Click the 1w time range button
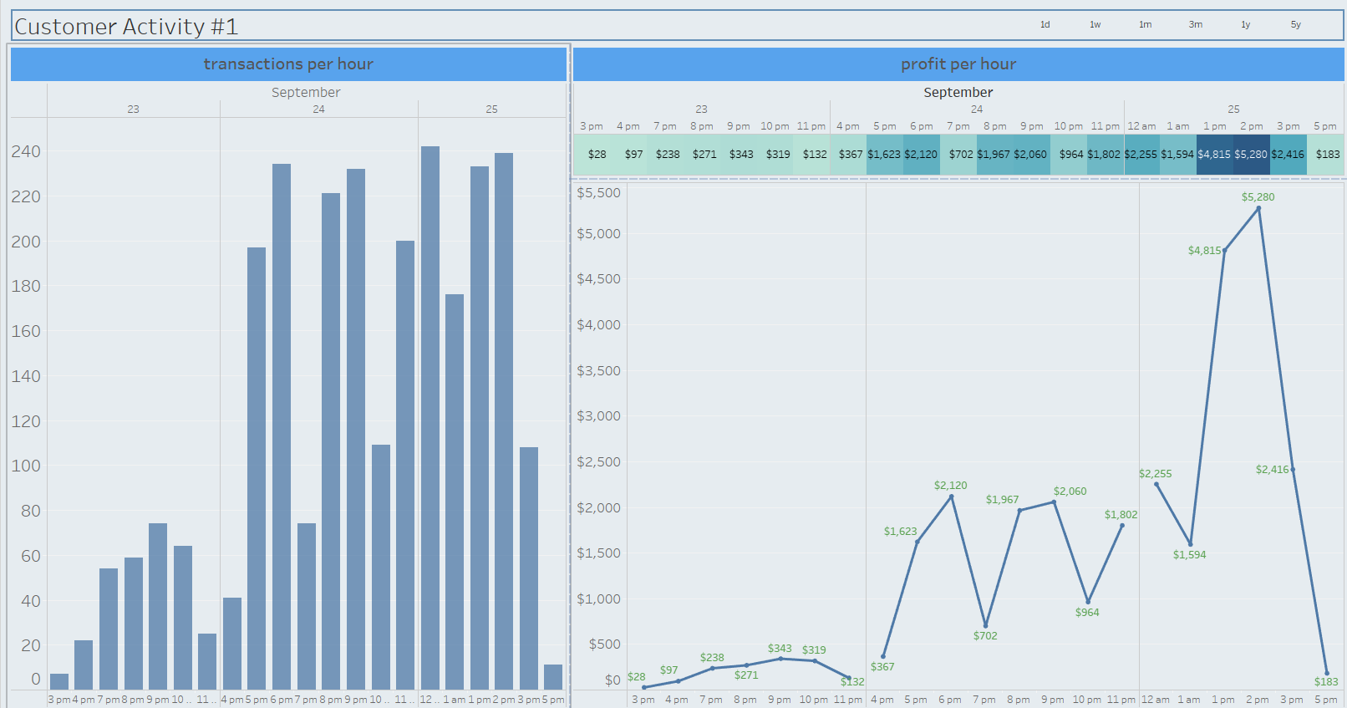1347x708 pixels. pyautogui.click(x=1095, y=25)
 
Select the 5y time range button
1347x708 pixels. pyautogui.click(x=1295, y=25)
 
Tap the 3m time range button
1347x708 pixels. pyautogui.click(x=1196, y=25)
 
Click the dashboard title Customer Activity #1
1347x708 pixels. pyautogui.click(x=126, y=27)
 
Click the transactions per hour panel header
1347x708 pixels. pyautogui.click(x=288, y=64)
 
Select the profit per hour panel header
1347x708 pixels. pyautogui.click(x=958, y=64)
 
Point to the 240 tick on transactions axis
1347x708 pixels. pyautogui.click(x=26, y=151)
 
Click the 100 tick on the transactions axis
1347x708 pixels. pyautogui.click(x=26, y=466)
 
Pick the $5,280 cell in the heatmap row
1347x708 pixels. pyautogui.click(x=1251, y=155)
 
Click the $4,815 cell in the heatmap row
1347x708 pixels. pyautogui.click(x=1214, y=155)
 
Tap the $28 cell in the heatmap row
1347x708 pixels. pyautogui.click(x=597, y=155)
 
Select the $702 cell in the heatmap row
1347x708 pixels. pyautogui.click(x=961, y=155)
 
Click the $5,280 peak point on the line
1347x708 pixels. pyautogui.click(x=1258, y=208)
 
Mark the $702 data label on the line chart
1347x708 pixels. pyautogui.click(x=985, y=636)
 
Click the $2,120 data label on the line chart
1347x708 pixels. pyautogui.click(x=950, y=486)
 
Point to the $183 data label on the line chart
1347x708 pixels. pyautogui.click(x=1326, y=682)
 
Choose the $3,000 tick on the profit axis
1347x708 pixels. pyautogui.click(x=598, y=416)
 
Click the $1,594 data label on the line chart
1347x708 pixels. pyautogui.click(x=1189, y=555)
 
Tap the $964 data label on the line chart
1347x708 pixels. pyautogui.click(x=1087, y=613)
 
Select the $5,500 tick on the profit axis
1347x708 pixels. pyautogui.click(x=598, y=193)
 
